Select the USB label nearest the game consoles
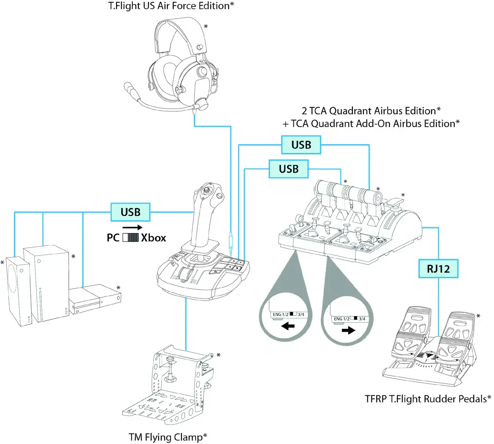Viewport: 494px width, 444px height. click(x=131, y=212)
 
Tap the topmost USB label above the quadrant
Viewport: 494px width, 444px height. click(x=301, y=145)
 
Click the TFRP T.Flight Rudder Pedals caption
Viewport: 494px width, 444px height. click(x=428, y=399)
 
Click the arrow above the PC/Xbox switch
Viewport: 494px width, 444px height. click(x=133, y=227)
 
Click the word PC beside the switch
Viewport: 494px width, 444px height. click(x=114, y=238)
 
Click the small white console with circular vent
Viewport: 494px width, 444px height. click(x=18, y=291)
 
